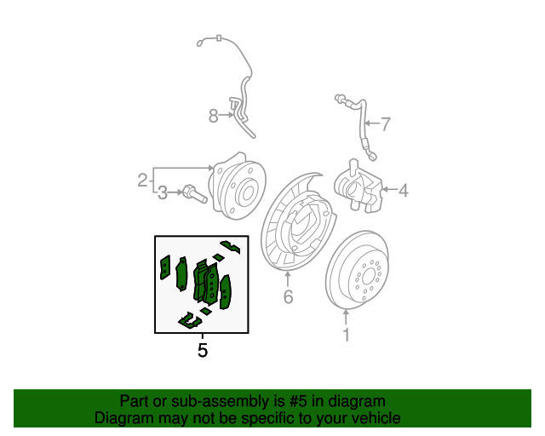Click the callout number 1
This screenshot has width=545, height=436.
point(346,335)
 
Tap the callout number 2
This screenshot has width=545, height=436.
point(142,180)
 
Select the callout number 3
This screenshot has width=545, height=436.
point(163,193)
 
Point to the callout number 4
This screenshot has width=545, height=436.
point(403,190)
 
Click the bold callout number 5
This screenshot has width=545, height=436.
point(203,350)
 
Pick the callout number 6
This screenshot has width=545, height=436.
point(288,296)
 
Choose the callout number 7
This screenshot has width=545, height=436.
point(386,124)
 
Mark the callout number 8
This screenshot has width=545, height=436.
point(214,116)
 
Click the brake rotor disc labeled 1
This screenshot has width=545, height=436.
point(357,270)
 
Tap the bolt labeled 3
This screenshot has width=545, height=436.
point(194,193)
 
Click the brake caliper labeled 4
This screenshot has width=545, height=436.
point(358,186)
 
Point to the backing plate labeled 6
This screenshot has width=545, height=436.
point(298,221)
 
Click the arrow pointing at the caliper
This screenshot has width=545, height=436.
point(389,190)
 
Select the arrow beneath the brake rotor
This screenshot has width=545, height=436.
point(346,317)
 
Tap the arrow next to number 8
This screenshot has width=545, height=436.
point(227,115)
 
